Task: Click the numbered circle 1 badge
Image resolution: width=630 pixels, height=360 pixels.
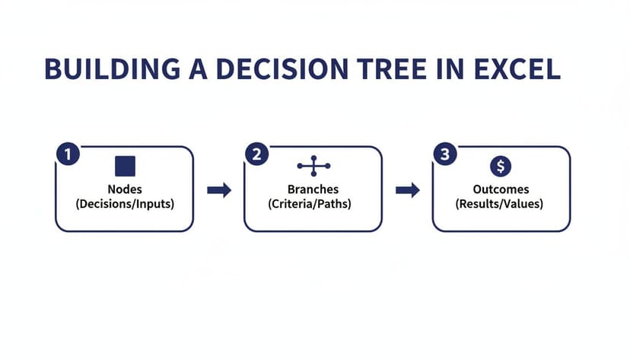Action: pos(68,155)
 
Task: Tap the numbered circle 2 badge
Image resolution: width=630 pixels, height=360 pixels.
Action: pos(256,155)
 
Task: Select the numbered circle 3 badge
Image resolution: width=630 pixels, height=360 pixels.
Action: pos(445,155)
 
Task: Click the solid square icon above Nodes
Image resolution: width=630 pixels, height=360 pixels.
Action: pos(125,166)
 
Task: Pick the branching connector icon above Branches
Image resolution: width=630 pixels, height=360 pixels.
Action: pos(313,166)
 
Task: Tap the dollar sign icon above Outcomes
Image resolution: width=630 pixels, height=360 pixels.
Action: pos(501,166)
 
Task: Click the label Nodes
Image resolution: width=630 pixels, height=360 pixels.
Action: pos(125,190)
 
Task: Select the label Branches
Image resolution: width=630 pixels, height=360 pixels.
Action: pos(313,190)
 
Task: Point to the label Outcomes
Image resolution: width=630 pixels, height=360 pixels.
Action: pos(501,190)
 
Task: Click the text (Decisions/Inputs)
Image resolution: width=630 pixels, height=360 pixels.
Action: pos(125,204)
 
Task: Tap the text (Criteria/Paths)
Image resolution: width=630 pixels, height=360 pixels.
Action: pos(313,204)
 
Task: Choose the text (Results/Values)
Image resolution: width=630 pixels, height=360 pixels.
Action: pos(501,204)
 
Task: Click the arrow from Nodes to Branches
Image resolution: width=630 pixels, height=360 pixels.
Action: pos(219,190)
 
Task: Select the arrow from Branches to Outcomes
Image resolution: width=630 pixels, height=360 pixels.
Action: pos(408,190)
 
